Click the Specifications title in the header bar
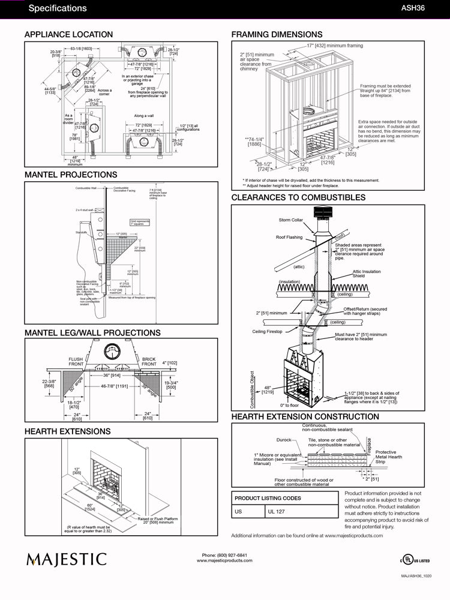58,8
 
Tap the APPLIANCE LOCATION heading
68,35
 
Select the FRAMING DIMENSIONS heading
277,35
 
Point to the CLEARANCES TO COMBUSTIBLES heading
298,197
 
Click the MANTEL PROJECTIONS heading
71,175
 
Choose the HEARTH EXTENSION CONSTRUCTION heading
305,416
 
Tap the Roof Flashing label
289,237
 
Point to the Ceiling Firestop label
268,331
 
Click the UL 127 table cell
277,511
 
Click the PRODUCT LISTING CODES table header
268,498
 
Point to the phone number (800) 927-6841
224,555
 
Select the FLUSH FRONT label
76,361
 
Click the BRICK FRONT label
149,361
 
